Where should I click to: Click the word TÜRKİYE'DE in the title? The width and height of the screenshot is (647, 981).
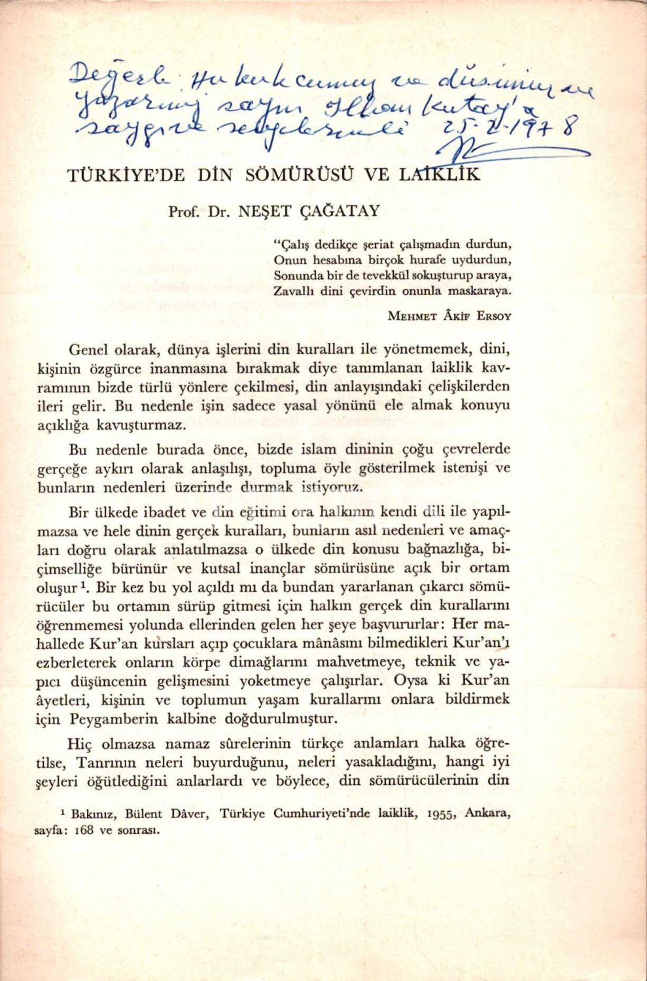tap(126, 175)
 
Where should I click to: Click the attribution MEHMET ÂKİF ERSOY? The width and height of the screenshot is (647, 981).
tap(449, 316)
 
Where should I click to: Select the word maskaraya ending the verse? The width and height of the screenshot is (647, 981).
tap(478, 291)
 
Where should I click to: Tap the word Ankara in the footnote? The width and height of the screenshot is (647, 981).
tap(488, 814)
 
